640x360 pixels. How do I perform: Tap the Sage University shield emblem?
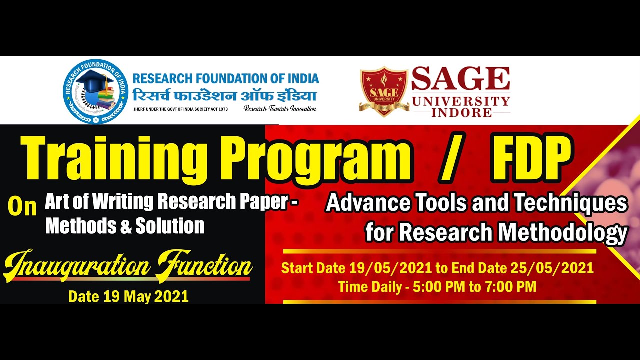pos(384,91)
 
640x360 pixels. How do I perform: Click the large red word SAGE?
pos(460,80)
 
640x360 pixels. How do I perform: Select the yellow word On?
pos(22,207)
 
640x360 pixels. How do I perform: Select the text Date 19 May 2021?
pos(128,296)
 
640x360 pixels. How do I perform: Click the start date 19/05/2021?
pos(390,268)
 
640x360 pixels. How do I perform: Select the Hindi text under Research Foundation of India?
pos(225,95)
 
